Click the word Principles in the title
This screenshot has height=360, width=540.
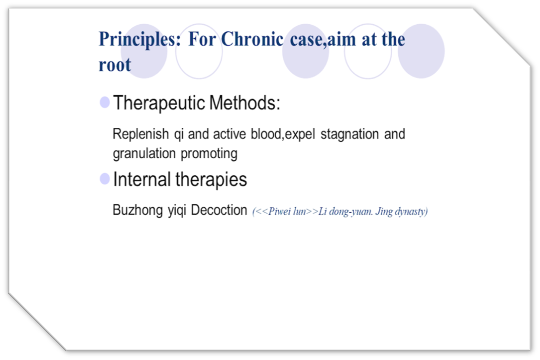coord(140,40)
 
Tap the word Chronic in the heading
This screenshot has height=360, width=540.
coord(252,39)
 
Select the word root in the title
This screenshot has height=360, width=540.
coord(114,65)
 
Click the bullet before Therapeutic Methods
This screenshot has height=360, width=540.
coord(105,102)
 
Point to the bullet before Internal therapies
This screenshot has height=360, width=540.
coord(105,179)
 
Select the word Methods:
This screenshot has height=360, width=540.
coord(244,103)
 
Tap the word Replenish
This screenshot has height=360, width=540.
coord(141,134)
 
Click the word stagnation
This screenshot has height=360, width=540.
coord(350,135)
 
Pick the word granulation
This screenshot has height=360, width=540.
coord(144,154)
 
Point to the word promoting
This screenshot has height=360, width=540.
coord(209,154)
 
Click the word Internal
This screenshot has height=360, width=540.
coord(142,179)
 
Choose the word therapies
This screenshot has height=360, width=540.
coord(211,179)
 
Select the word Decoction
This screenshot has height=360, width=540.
coord(219,210)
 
